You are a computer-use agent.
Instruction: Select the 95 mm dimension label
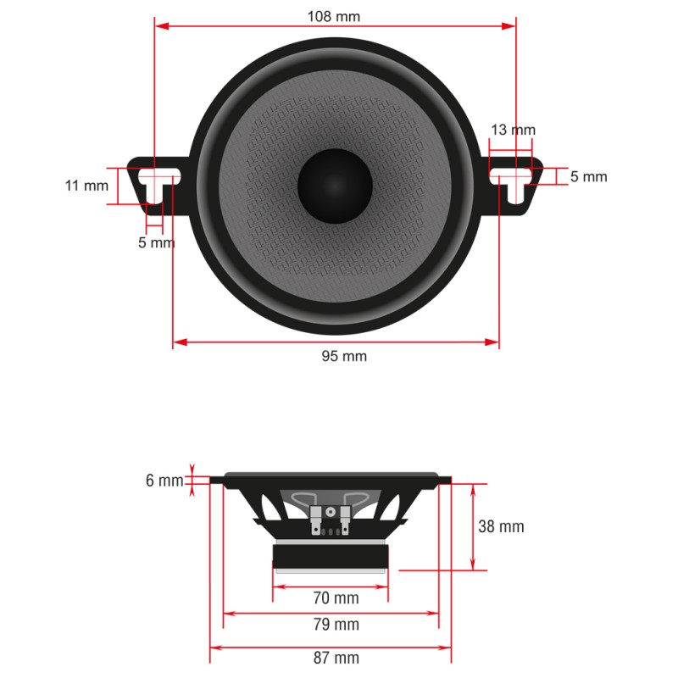pos(344,356)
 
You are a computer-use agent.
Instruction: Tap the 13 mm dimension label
pos(513,130)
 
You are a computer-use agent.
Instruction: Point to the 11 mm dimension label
pos(86,185)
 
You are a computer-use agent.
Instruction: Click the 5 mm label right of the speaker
pos(588,176)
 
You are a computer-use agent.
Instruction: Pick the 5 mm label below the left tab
pos(156,242)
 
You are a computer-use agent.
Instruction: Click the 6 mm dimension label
pos(164,481)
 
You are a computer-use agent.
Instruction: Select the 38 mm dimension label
pos(501,526)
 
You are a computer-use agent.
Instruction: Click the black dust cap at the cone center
pos(335,186)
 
